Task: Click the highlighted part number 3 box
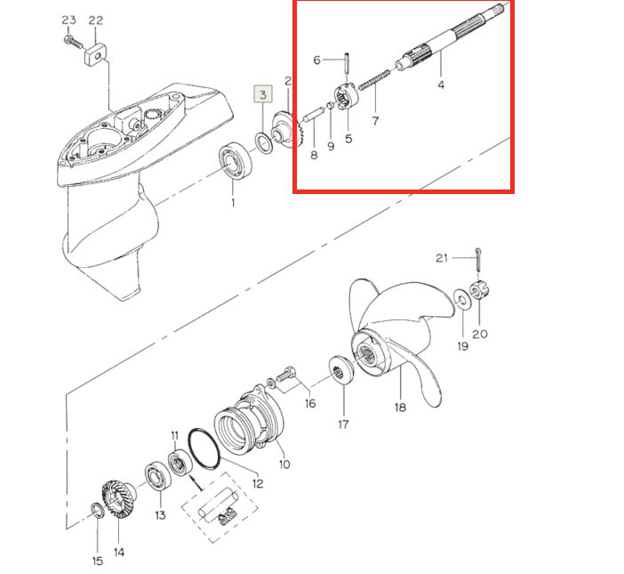262,94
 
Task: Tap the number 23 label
68,20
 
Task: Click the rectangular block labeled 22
95,54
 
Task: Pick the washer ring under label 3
263,143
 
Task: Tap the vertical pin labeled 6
347,62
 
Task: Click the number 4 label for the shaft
441,85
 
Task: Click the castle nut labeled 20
479,290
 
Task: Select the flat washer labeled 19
462,298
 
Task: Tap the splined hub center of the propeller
366,353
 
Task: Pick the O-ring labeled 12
204,449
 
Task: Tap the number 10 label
284,464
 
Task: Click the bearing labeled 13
158,477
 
